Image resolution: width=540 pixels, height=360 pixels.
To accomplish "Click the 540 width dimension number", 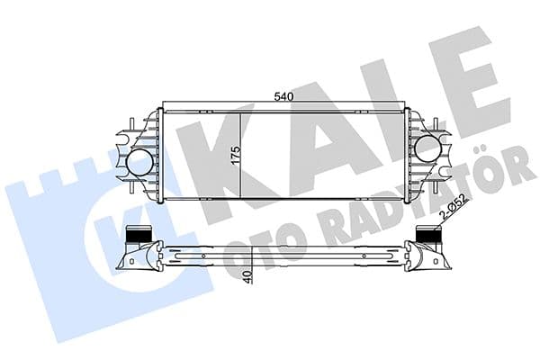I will [x=283, y=92].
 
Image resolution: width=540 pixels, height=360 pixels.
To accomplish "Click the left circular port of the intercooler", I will [x=139, y=164].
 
